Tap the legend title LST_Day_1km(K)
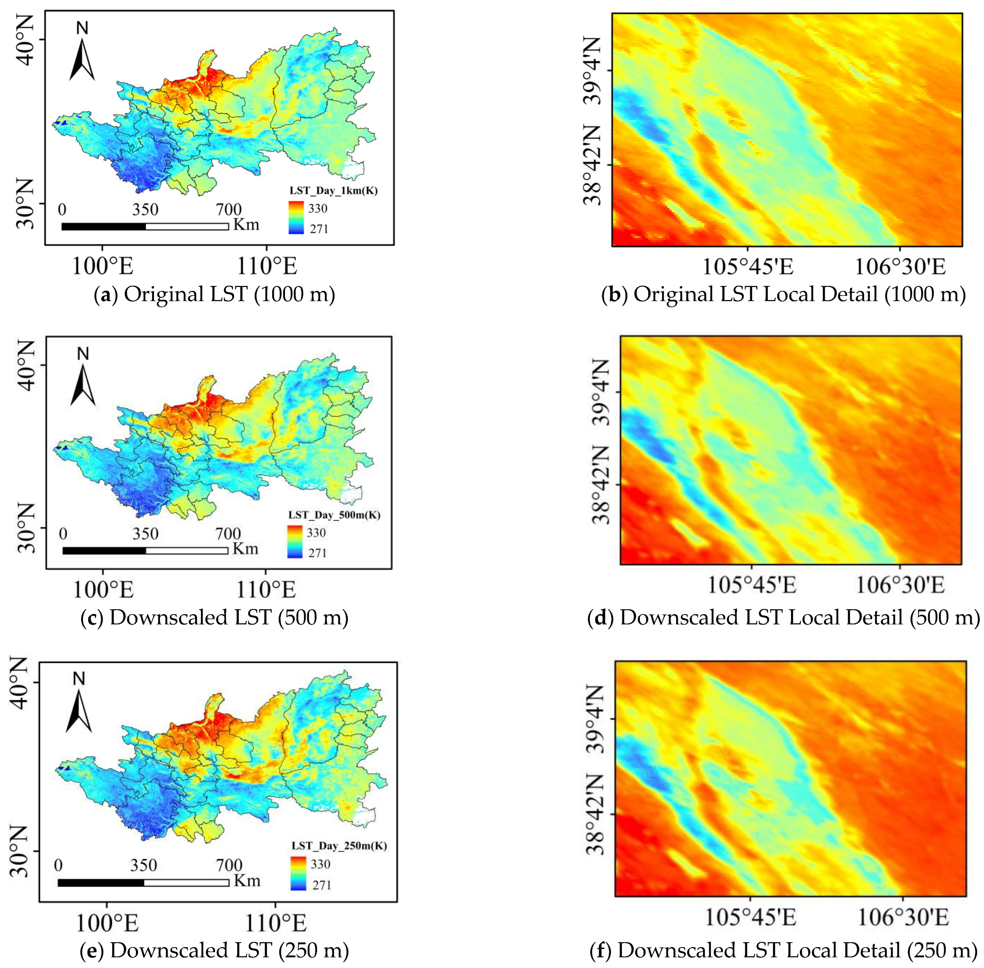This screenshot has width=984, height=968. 333,191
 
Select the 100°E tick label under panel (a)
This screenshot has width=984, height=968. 102,265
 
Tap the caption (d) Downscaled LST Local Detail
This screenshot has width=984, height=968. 783,617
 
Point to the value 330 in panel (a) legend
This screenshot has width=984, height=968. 318,208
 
